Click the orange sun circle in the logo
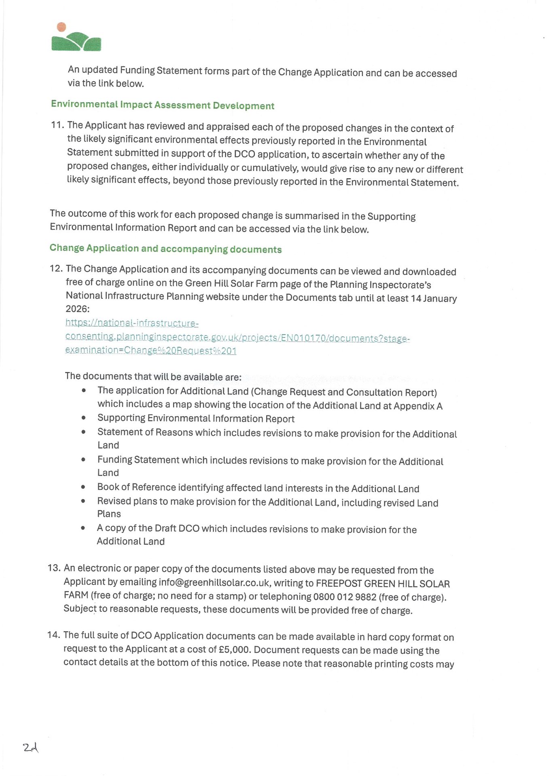[x=61, y=27]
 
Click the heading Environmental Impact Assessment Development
[x=162, y=105]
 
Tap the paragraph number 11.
[x=57, y=125]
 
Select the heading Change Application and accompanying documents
[x=165, y=249]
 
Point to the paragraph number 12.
[x=56, y=268]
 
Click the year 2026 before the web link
[x=76, y=309]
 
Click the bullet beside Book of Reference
[x=83, y=487]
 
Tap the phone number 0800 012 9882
[x=345, y=597]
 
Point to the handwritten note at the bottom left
[x=30, y=748]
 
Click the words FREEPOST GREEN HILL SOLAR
[x=382, y=584]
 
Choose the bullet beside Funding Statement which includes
[x=83, y=460]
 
